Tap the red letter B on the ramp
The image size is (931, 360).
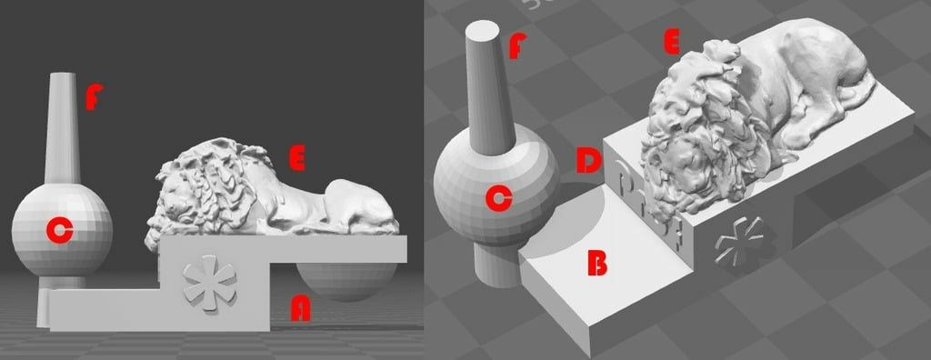point(596,263)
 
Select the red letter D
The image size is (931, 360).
point(588,162)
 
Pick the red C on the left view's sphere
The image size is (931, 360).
point(58,233)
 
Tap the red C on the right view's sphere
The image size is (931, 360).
point(496,197)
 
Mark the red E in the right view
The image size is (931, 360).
point(673,42)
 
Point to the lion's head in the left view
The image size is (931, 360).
point(186,195)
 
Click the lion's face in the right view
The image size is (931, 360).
point(691,168)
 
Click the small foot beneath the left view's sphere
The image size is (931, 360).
point(45,304)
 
